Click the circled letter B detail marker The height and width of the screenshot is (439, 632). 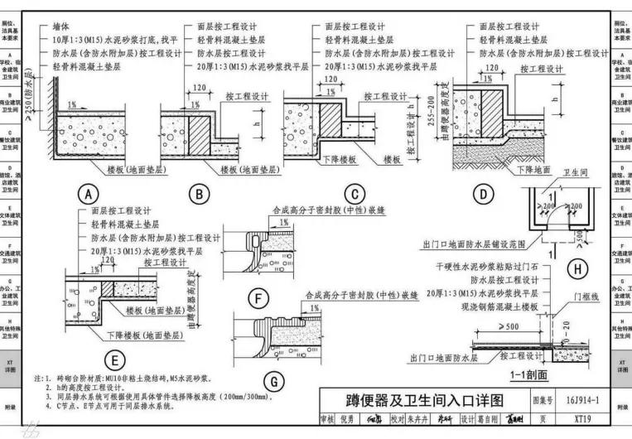tap(199, 194)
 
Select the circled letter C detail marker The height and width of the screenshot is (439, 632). tap(354, 194)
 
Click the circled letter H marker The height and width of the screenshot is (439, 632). tap(577, 270)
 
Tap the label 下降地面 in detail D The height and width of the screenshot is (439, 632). tap(533, 169)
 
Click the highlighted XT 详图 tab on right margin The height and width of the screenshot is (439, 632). tap(620, 369)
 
